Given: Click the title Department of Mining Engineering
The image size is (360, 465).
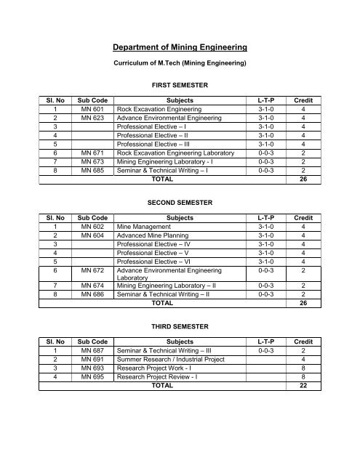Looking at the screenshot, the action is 180,48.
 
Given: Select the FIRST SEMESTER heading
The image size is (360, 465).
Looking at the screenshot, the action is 180,85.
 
